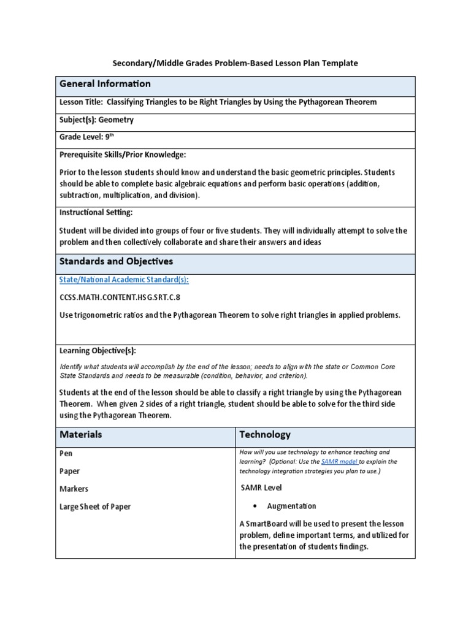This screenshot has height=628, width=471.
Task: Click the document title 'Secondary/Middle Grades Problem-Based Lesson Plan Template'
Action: click(x=235, y=63)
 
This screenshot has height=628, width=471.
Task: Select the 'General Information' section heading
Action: click(x=105, y=84)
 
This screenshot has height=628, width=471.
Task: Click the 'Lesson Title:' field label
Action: click(x=82, y=102)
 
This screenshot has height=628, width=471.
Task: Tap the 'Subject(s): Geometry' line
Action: click(x=96, y=120)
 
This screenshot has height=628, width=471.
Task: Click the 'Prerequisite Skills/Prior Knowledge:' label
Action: click(x=122, y=155)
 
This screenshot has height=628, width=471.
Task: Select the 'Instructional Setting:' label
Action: click(x=96, y=212)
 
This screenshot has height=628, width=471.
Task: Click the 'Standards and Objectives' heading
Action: click(x=116, y=261)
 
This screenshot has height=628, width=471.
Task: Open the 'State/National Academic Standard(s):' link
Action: click(x=124, y=280)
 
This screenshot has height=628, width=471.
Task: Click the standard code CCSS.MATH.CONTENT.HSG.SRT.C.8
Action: click(x=120, y=297)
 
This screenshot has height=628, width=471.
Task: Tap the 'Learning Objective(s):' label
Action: click(x=98, y=351)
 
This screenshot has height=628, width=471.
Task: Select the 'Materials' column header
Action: click(x=80, y=434)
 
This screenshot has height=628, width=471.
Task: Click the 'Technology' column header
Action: click(x=265, y=434)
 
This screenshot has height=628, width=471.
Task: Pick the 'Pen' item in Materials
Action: click(x=66, y=454)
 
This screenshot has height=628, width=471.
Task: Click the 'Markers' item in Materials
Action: click(x=74, y=489)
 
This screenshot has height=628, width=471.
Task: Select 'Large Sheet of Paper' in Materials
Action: click(x=95, y=507)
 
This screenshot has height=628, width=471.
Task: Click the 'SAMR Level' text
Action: click(x=262, y=488)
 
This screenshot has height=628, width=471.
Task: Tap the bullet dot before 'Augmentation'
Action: click(x=254, y=507)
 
